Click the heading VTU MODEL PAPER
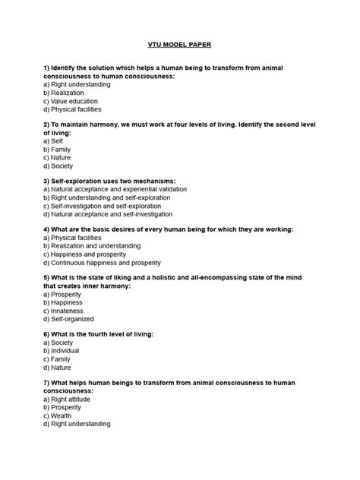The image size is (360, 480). coord(179,45)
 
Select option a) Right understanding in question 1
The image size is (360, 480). coord(77,84)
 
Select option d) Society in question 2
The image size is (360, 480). coord(58,166)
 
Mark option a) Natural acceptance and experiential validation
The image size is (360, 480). coord(114,189)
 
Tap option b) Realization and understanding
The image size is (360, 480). coord(92,245)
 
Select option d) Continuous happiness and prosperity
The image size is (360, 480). coord(102,262)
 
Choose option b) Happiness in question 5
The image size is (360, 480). coord(65,302)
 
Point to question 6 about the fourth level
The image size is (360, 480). coord(99,334)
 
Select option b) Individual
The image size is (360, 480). coord(63,351)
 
